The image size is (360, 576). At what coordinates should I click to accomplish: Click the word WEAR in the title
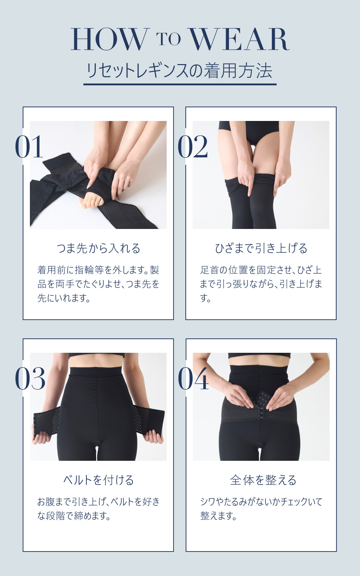click(239, 39)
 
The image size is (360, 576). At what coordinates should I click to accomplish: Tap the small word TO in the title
click(169, 39)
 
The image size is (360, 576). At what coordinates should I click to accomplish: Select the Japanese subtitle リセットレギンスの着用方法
click(180, 71)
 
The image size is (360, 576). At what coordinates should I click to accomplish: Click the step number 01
click(29, 147)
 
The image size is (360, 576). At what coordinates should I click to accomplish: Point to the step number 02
click(193, 147)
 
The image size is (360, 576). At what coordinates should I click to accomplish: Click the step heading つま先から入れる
click(98, 248)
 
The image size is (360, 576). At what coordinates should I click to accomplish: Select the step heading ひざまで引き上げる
click(261, 248)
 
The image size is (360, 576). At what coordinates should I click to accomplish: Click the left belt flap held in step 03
click(46, 421)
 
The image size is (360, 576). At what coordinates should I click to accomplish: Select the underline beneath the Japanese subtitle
click(180, 84)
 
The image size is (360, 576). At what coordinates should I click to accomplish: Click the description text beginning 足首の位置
click(261, 284)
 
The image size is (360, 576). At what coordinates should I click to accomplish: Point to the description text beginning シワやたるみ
click(261, 509)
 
